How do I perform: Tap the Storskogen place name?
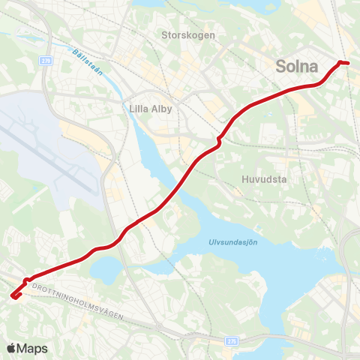coord(188,34)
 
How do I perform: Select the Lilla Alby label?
coord(151,109)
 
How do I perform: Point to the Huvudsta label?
coord(265,179)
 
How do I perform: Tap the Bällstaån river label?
coord(88,61)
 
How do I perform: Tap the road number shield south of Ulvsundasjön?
coord(231,340)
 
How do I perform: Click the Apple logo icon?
coord(11,348)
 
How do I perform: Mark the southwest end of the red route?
coord(13,296)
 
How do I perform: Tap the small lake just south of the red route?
coord(109,268)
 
